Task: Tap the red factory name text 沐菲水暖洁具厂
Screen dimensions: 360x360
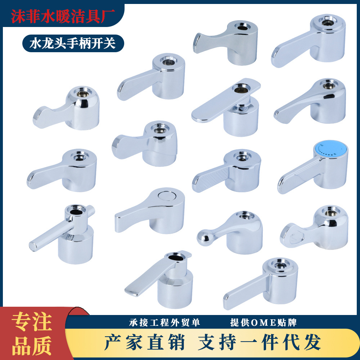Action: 63,15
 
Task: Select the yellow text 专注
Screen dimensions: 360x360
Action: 32,322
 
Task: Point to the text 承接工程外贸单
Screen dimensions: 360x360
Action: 165,322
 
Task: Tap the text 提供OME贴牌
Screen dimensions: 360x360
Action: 264,322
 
